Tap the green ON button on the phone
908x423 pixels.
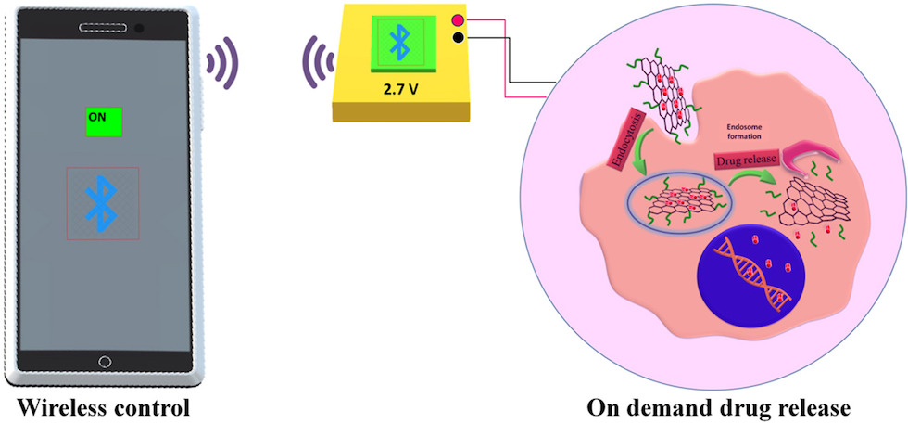pos(104,122)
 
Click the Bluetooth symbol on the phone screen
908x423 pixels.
pos(102,203)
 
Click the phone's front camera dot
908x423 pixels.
pos(139,29)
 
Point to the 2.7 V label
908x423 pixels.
pos(400,89)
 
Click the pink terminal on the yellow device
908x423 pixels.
pos(458,20)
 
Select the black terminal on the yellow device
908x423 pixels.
pos(458,38)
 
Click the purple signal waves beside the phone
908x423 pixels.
pos(221,63)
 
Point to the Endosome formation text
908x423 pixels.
pos(743,132)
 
